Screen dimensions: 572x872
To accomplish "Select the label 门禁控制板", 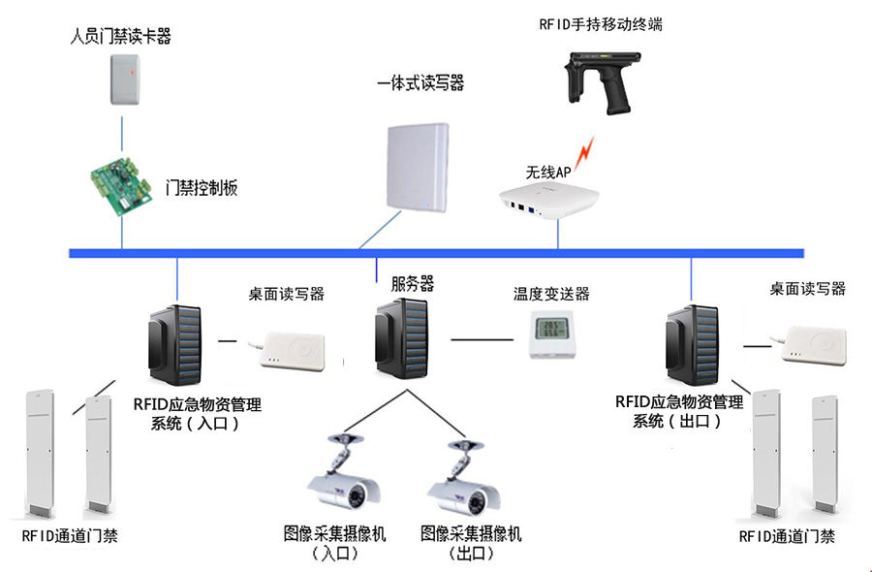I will click(202, 188).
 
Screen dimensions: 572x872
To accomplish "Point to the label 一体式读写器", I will click(420, 84).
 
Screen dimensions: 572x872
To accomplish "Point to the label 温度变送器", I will click(551, 294).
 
